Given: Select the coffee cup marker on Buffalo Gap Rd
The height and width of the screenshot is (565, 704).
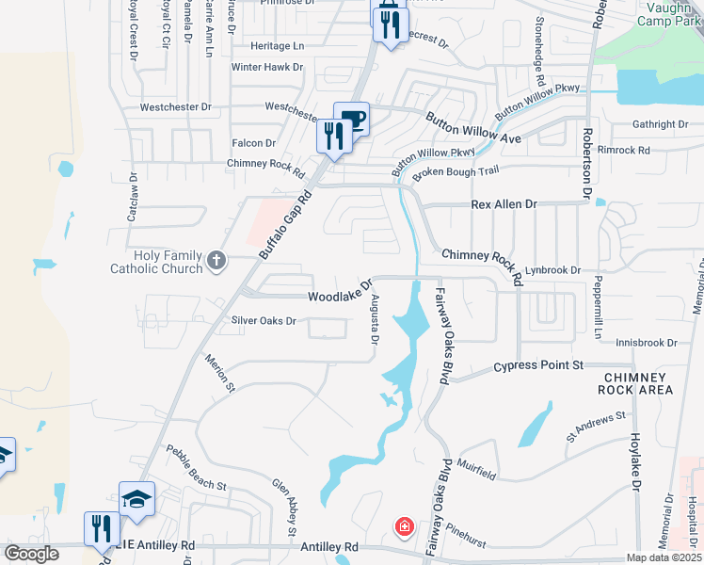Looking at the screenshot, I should [352, 119].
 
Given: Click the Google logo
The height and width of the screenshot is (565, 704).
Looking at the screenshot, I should [30, 554].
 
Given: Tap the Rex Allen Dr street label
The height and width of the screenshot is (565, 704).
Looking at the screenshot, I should [504, 203].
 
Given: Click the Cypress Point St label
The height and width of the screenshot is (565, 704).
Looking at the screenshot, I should [539, 364].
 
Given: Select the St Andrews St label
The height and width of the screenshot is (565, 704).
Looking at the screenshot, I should [596, 427].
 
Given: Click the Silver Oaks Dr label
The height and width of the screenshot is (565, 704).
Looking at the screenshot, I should [264, 321].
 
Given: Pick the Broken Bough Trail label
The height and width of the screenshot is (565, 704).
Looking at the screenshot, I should [455, 170].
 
